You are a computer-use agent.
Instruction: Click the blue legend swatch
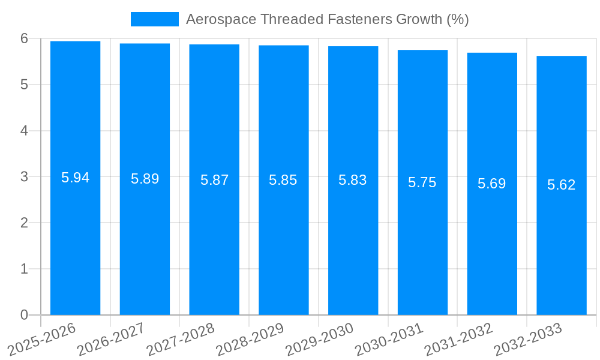pos(155,19)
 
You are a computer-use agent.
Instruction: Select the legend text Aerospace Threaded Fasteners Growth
pos(327,19)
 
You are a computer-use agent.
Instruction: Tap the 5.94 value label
pos(76,178)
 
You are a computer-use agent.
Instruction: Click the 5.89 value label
pos(145,179)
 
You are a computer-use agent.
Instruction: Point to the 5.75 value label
pos(422,182)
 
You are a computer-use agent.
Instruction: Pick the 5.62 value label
pos(561,185)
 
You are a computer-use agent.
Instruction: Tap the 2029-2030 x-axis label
pos(319,338)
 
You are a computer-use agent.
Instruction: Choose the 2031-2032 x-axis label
pos(458,338)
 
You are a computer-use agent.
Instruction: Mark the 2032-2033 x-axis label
pos(528,338)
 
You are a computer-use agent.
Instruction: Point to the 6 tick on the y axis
pos(25,38)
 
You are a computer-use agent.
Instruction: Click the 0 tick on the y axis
pos(25,315)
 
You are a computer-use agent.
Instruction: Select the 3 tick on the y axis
pos(25,177)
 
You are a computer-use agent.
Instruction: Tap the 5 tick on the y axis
pos(25,85)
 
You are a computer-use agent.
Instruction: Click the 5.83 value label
pos(353,180)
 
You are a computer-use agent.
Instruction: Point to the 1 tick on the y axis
pos(25,269)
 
